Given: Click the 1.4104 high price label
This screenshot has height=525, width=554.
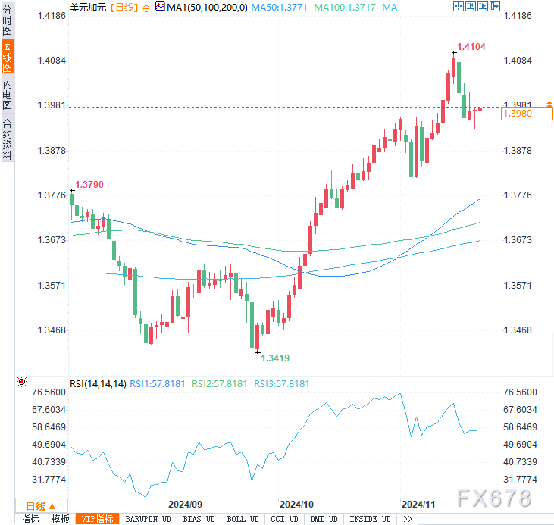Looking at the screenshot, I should pos(471,47).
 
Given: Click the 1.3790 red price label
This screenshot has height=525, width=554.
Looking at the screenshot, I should pos(89,184).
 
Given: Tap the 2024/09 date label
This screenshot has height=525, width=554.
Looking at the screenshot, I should pos(185,504).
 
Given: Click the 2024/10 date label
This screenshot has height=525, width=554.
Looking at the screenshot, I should pos(296,504).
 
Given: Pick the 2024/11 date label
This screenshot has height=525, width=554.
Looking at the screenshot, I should pos(418,504).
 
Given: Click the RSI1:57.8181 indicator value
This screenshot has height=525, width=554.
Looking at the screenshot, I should pos(157,384).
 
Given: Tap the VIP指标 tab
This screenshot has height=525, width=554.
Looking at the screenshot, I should pos(97,519).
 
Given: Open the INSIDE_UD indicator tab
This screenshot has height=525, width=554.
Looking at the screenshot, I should pos(370,519).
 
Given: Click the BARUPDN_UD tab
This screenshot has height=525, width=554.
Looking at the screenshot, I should pos(149,519).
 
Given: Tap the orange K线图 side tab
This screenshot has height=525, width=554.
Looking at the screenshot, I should pos(8,57).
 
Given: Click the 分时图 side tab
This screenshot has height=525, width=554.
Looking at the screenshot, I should pos(8,20).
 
